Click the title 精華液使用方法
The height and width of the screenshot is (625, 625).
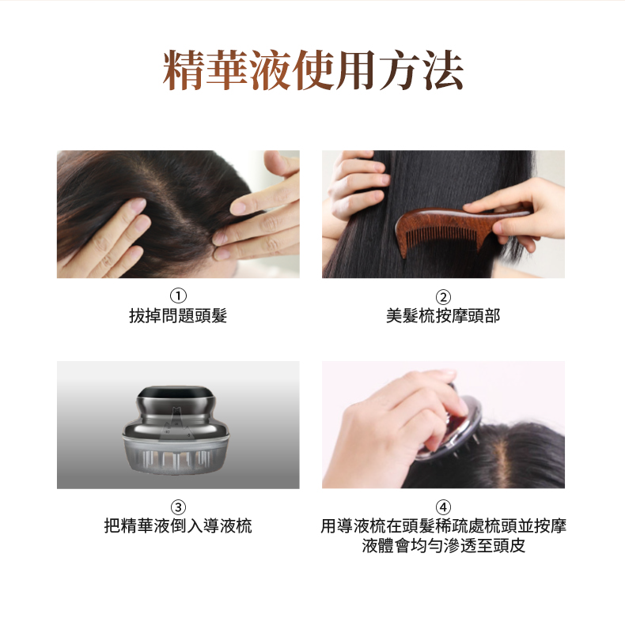[313, 70]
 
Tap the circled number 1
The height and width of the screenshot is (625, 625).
[178, 296]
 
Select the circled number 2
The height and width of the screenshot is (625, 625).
[443, 297]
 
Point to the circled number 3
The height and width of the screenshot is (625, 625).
[178, 507]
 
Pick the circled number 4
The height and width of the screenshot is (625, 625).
[443, 507]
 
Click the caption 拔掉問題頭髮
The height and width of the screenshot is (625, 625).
[178, 316]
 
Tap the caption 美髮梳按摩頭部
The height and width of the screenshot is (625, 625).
[443, 316]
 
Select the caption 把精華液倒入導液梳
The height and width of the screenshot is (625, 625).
[178, 525]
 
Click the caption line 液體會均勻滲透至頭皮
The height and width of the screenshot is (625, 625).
[443, 545]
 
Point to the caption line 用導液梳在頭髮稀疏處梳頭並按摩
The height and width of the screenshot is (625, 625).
[443, 525]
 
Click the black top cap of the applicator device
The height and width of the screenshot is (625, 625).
[176, 392]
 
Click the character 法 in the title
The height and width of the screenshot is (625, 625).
[443, 70]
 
